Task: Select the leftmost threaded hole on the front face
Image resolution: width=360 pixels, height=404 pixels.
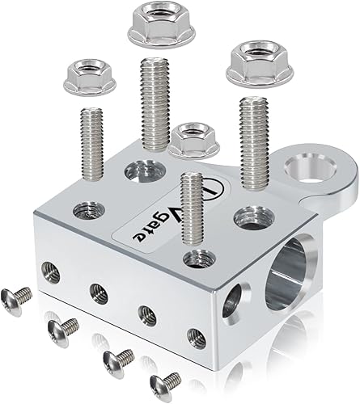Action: point(52,273)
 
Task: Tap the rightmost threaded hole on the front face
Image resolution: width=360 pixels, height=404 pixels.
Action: point(194,337)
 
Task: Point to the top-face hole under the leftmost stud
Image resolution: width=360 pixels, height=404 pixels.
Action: point(89,212)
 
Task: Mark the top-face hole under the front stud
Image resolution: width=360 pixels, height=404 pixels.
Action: point(195,259)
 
